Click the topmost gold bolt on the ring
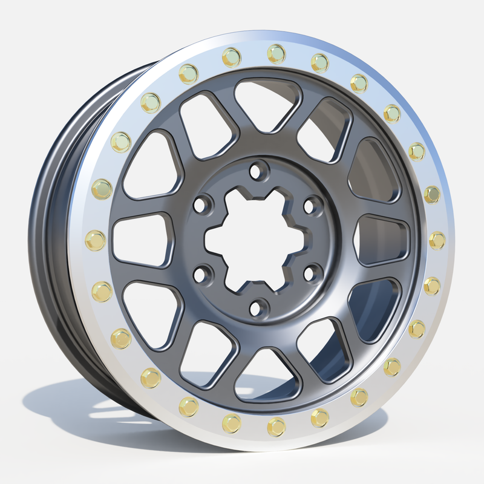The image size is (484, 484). (x=276, y=53)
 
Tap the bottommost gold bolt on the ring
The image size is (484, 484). (x=276, y=427)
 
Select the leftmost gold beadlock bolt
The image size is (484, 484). (x=96, y=240)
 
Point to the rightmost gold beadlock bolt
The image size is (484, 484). (x=436, y=240)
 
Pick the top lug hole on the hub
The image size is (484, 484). (x=258, y=170)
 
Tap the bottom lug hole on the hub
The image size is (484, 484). (x=258, y=307)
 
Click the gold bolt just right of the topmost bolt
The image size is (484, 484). (x=319, y=62)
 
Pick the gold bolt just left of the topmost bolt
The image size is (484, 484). (x=231, y=57)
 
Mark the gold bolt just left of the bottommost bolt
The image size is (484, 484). (x=231, y=423)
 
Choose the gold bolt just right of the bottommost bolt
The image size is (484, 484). (x=319, y=417)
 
